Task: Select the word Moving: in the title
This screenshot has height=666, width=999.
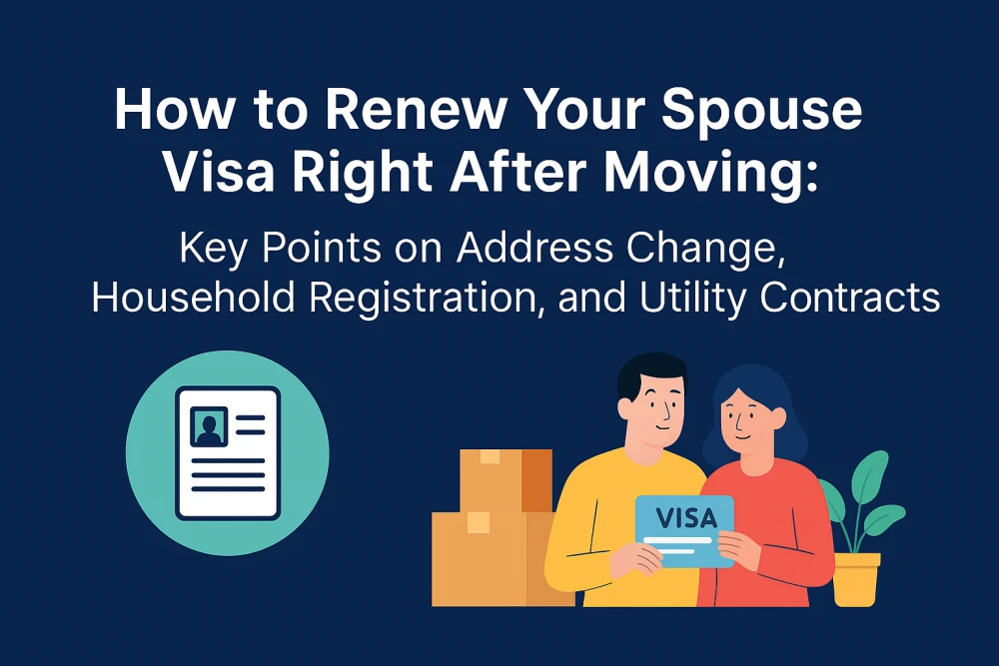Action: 711,174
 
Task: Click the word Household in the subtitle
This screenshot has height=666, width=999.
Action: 194,298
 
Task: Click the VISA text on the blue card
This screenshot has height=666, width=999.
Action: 686,518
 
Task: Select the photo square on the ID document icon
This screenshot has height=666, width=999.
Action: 209,426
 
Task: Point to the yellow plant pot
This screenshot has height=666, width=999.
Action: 856,579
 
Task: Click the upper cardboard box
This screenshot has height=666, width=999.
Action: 505,480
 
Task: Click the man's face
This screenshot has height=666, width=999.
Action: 655,413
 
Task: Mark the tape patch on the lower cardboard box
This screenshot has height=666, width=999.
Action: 479,523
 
